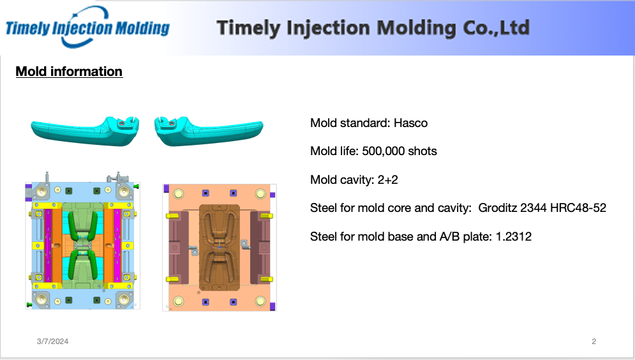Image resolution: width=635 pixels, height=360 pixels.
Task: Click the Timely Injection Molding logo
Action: click(87, 27)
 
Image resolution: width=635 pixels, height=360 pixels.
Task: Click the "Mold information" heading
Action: click(70, 71)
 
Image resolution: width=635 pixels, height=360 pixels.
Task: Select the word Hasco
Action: click(410, 123)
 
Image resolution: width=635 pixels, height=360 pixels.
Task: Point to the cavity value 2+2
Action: click(387, 180)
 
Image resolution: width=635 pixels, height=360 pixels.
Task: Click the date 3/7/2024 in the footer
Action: click(52, 341)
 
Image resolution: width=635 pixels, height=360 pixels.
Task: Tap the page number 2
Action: click(594, 341)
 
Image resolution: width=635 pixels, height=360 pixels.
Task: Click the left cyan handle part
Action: click(86, 131)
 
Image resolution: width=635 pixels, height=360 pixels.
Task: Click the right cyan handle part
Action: click(209, 131)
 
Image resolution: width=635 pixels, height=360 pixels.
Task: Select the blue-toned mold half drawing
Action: click(82, 241)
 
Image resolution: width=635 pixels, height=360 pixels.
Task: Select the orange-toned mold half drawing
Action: click(220, 248)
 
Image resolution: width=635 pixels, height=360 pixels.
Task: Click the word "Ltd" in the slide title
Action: click(515, 27)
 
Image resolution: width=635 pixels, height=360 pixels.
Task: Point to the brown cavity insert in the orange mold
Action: click(220, 248)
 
